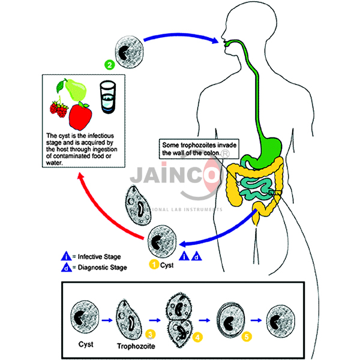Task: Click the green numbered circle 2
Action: click(109, 64)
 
